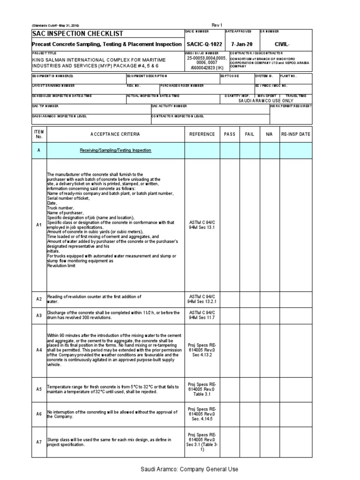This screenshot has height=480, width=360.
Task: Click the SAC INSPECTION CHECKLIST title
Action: pyautogui.click(x=77, y=34)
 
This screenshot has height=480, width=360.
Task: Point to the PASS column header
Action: pyautogui.click(x=230, y=134)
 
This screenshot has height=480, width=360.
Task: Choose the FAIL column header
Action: pyautogui.click(x=249, y=134)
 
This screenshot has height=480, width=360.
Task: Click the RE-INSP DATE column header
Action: pyautogui.click(x=295, y=134)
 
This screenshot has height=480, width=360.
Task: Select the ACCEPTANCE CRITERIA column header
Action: pyautogui.click(x=115, y=134)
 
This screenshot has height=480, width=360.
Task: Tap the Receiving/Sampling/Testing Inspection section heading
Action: pyautogui.click(x=115, y=150)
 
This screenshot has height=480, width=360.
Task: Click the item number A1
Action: pyautogui.click(x=39, y=225)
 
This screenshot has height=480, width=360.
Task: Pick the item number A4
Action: pyautogui.click(x=39, y=350)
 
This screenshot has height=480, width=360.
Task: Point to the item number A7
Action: pyautogui.click(x=39, y=442)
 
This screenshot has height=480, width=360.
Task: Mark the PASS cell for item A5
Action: pyautogui.click(x=230, y=389)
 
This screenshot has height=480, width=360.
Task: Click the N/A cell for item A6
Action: pyautogui.click(x=269, y=414)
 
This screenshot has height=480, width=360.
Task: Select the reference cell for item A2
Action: pyautogui.click(x=202, y=299)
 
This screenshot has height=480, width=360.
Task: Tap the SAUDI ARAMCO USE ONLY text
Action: pyautogui.click(x=266, y=101)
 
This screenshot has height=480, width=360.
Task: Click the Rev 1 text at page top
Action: pyautogui.click(x=217, y=25)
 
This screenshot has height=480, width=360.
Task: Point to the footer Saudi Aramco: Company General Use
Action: pyautogui.click(x=189, y=469)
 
